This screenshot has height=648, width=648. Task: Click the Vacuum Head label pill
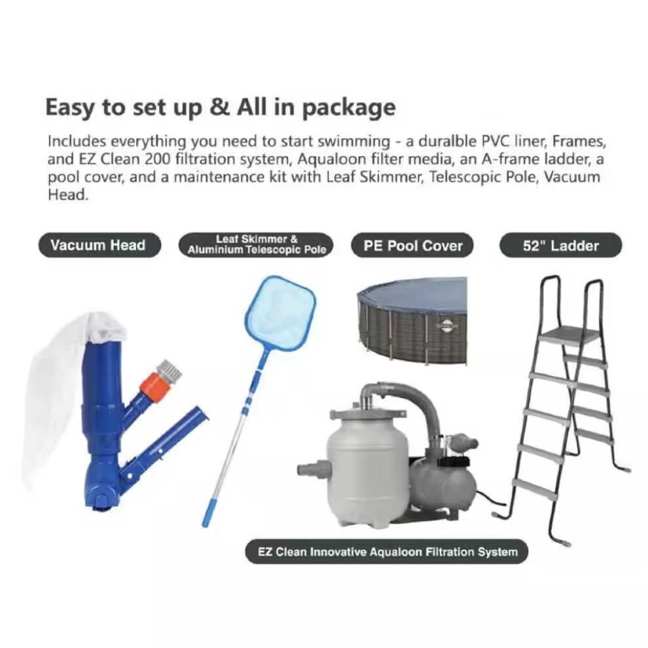coord(99,245)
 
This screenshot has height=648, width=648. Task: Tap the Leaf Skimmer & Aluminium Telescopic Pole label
coord(256,245)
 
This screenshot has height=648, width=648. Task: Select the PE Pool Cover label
coord(412,245)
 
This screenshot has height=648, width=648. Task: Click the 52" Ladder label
coord(561,245)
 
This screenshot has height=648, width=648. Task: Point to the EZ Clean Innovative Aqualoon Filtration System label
coord(387,552)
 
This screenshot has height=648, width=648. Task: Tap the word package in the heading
coord(349,108)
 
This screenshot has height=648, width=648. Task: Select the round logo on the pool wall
coord(447,326)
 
